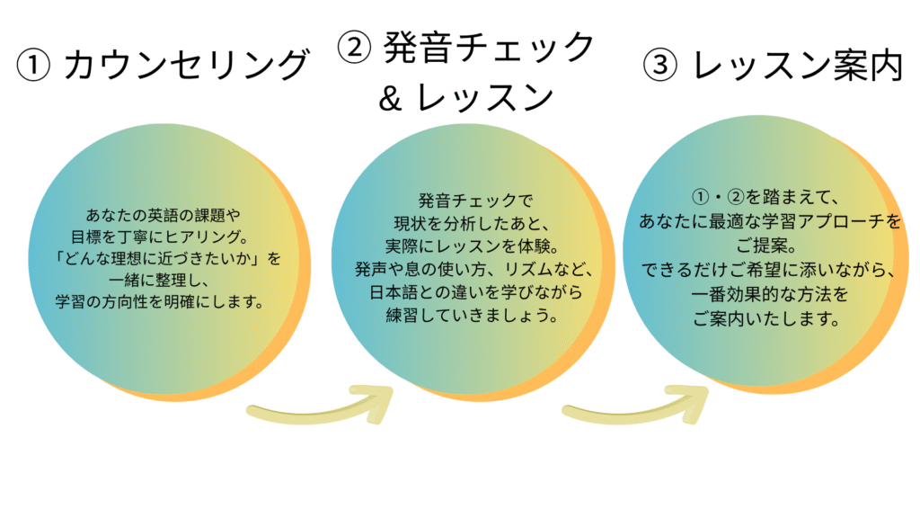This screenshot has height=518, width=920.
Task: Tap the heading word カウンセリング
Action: (187, 66)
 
